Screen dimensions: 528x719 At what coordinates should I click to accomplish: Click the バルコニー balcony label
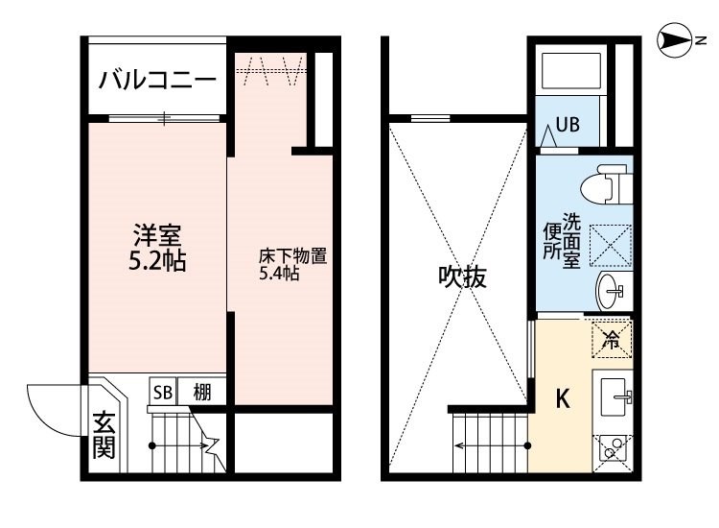pyautogui.click(x=158, y=80)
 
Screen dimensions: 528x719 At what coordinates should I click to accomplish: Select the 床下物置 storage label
pyautogui.click(x=293, y=256)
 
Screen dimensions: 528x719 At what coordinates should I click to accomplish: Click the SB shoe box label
pyautogui.click(x=162, y=391)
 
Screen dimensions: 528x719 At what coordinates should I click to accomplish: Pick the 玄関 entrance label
pyautogui.click(x=104, y=436)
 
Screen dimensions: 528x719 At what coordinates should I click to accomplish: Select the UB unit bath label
pyautogui.click(x=568, y=125)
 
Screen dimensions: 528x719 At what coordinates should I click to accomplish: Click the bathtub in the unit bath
pyautogui.click(x=571, y=71)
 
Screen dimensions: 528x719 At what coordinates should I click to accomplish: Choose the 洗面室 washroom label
pyautogui.click(x=571, y=240)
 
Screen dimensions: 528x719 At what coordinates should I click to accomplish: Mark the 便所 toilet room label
pyautogui.click(x=551, y=242)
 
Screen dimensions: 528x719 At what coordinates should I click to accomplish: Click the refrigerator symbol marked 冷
pyautogui.click(x=611, y=337)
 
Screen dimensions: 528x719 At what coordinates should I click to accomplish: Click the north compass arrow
pyautogui.click(x=677, y=39)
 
